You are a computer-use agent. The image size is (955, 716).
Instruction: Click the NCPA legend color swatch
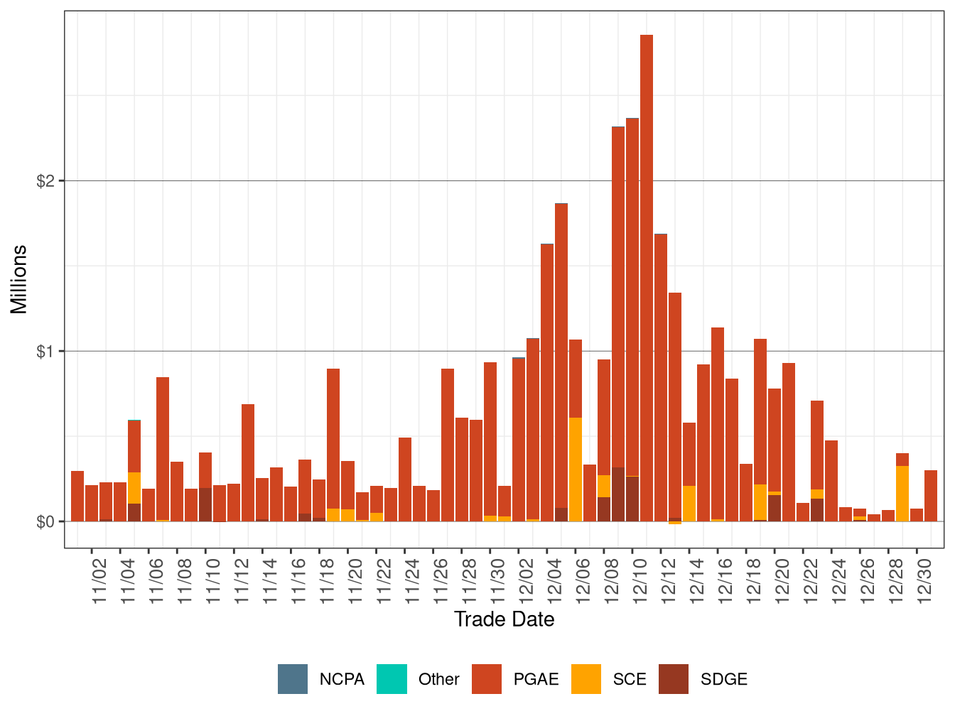click(x=293, y=679)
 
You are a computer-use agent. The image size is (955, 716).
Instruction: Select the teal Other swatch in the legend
click(x=392, y=679)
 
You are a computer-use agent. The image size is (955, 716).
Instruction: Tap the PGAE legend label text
click(x=536, y=680)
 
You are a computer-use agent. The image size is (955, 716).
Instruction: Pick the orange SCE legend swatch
click(x=586, y=679)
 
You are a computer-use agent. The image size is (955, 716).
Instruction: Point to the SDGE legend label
click(x=723, y=680)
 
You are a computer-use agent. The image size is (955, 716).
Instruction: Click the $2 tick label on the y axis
click(x=45, y=181)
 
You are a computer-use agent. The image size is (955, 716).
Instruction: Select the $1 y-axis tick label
click(x=45, y=352)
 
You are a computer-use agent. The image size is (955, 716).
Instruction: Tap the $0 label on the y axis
click(x=45, y=522)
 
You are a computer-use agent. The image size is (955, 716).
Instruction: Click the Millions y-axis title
click(x=19, y=279)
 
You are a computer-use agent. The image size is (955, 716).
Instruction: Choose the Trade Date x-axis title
click(x=504, y=619)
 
